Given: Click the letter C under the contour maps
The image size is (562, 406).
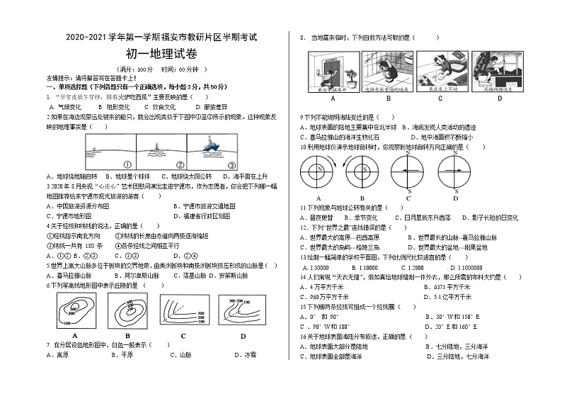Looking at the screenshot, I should (183, 335).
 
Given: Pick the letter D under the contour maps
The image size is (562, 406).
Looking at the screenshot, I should (243, 335).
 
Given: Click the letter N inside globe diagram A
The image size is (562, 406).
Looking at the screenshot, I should (313, 170).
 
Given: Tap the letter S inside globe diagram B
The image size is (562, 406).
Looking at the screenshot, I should (362, 170).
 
